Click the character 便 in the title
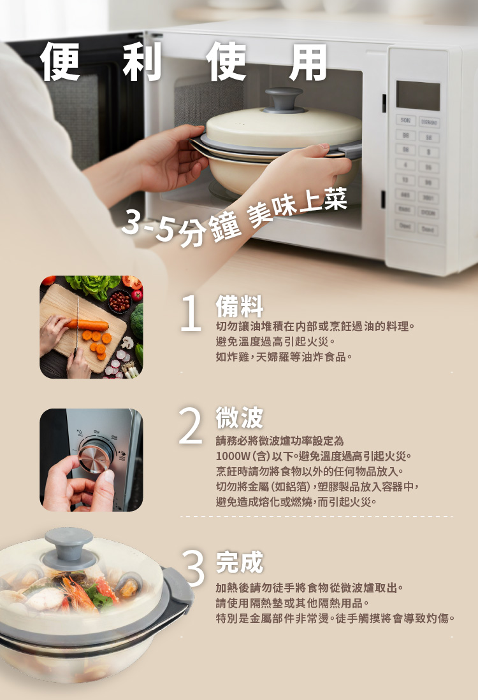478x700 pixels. tap(61, 62)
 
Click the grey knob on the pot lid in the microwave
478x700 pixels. tap(284, 99)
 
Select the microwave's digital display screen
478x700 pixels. tap(418, 95)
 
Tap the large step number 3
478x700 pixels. tap(193, 568)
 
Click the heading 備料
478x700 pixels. tap(239, 307)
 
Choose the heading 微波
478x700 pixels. tap(239, 418)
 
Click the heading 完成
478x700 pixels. tap(239, 562)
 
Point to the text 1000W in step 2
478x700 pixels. tap(233, 456)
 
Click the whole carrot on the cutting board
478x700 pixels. tap(90, 325)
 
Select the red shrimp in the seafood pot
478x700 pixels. tap(80, 588)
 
